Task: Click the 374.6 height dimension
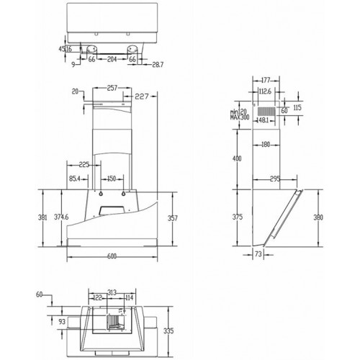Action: tap(63, 217)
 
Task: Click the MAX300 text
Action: tap(240, 117)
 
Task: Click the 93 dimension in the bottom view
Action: tap(62, 320)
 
